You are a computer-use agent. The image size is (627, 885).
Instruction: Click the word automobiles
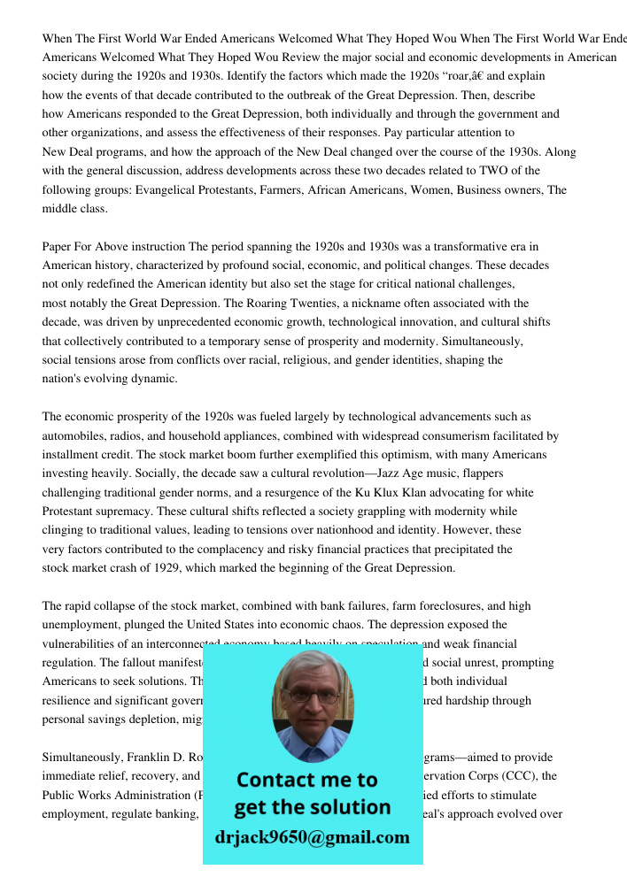74,435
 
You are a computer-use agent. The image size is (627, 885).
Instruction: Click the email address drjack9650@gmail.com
312,837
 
